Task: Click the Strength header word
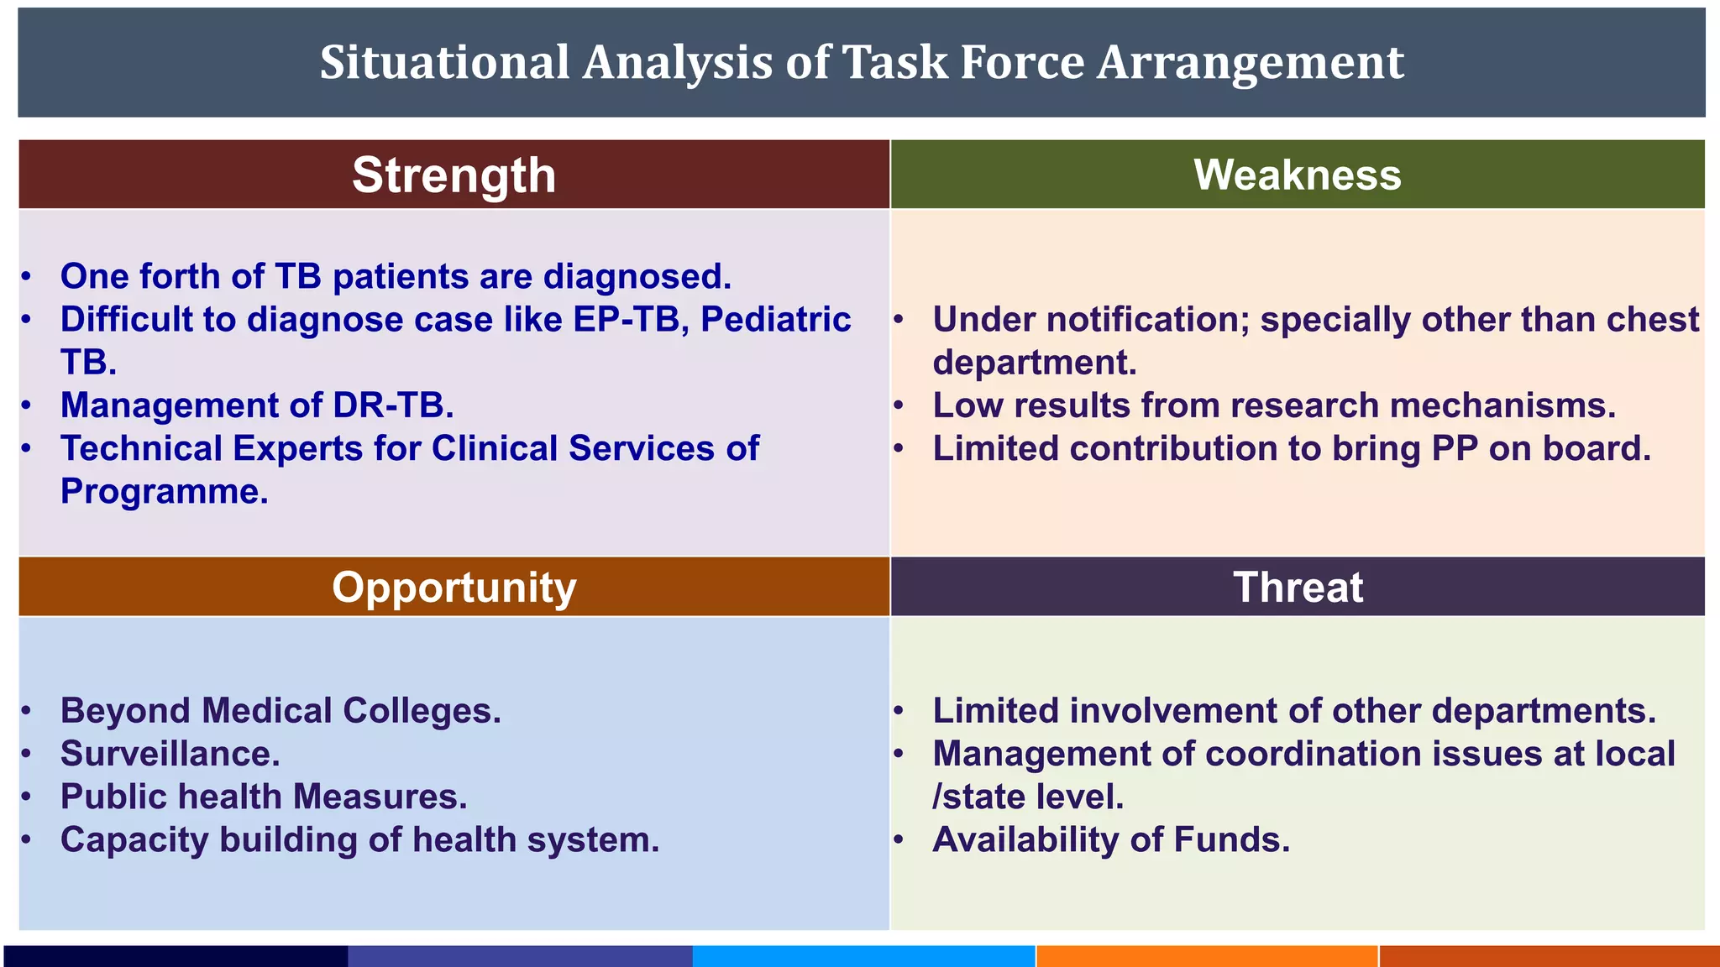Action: click(x=454, y=175)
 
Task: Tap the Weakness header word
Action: click(x=1298, y=175)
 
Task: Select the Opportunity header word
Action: click(x=454, y=588)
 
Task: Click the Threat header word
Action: click(x=1298, y=588)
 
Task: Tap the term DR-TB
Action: click(x=393, y=405)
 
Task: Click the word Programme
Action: click(x=164, y=492)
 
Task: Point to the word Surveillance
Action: click(x=170, y=754)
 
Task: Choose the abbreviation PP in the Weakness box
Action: click(x=1455, y=449)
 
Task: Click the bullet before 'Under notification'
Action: click(x=898, y=320)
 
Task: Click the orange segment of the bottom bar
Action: click(x=1207, y=956)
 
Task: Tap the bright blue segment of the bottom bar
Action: click(x=863, y=956)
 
